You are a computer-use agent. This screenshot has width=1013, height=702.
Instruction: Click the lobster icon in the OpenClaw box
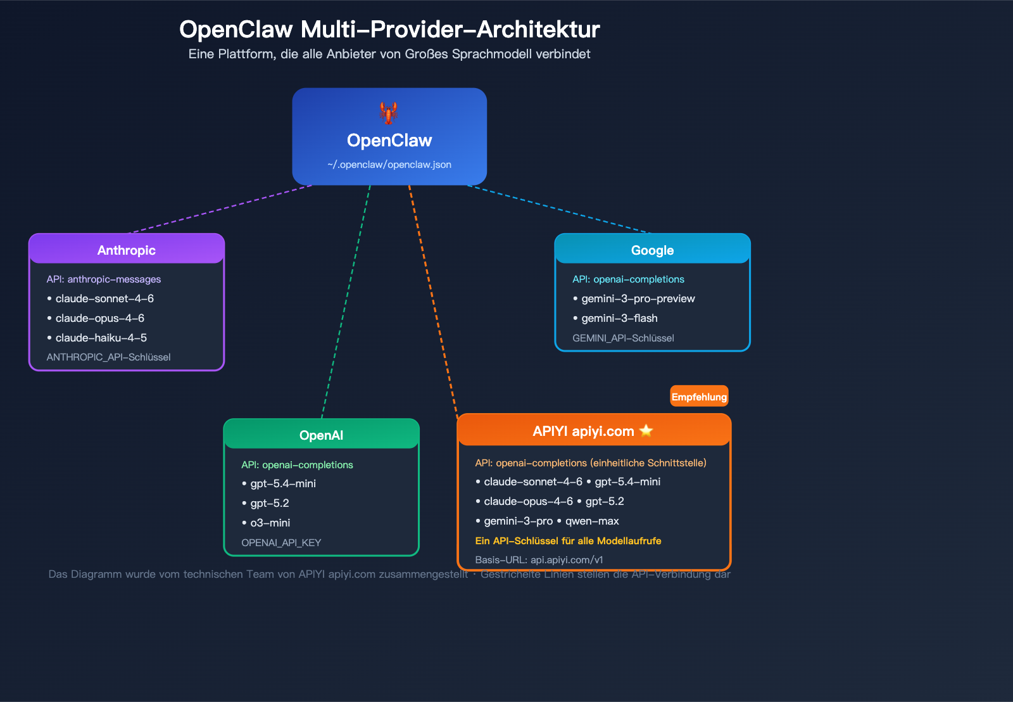(389, 113)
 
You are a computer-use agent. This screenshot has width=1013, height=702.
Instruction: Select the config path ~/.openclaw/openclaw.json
(389, 165)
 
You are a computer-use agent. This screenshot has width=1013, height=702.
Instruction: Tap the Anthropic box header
(127, 250)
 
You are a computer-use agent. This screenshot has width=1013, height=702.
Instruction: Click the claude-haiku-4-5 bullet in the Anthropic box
(101, 338)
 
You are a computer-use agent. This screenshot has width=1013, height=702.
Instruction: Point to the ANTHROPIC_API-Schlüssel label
(108, 357)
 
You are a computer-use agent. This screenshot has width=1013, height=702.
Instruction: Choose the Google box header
(652, 250)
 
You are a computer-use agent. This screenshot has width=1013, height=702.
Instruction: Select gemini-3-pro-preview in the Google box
(638, 298)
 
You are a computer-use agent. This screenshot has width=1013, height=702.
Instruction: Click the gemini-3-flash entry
(619, 318)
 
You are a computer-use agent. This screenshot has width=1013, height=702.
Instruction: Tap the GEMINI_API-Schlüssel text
(623, 338)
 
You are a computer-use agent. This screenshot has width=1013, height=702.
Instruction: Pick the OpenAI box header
(321, 435)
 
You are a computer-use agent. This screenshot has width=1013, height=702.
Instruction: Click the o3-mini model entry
(270, 523)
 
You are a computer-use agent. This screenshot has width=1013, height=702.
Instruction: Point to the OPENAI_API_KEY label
(281, 543)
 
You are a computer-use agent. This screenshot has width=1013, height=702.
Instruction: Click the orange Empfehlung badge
(699, 397)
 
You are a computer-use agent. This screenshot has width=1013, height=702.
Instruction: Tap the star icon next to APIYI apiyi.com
(646, 431)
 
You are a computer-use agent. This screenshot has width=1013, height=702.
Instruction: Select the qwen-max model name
(592, 521)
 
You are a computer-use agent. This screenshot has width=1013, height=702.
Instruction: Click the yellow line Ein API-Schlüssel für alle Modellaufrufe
(568, 541)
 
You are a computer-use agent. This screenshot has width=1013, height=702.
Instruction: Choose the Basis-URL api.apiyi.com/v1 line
(539, 560)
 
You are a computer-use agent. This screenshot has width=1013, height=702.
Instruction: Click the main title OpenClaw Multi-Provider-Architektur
(389, 29)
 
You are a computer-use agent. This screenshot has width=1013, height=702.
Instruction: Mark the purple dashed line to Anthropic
(222, 209)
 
